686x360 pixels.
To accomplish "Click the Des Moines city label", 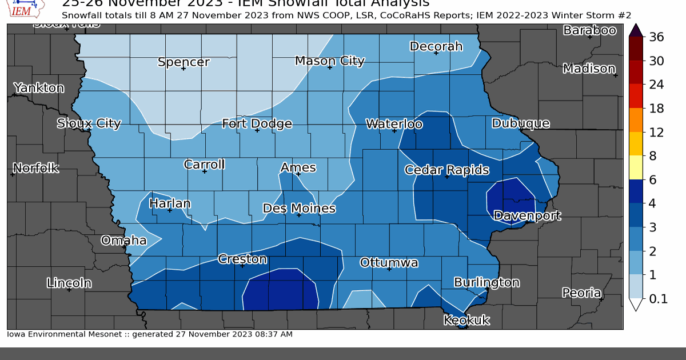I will pos(299,209).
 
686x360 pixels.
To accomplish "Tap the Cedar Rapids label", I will pos(446,170).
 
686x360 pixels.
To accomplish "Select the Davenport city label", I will pos(527,215).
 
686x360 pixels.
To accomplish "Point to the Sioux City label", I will pos(89,123).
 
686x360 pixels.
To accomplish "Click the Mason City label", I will pos(329,61).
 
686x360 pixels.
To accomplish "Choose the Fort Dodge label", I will pos(257,123).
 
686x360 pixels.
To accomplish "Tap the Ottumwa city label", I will pos(389,263).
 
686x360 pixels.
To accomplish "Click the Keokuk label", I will pos(466,320).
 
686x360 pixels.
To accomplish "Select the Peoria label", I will pos(581,293).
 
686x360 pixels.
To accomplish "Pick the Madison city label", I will pos(589,69).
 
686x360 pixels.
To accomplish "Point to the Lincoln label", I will pos(69,282).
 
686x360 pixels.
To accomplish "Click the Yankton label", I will pos(38,88).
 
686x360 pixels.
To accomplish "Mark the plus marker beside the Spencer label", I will pos(184,69).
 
